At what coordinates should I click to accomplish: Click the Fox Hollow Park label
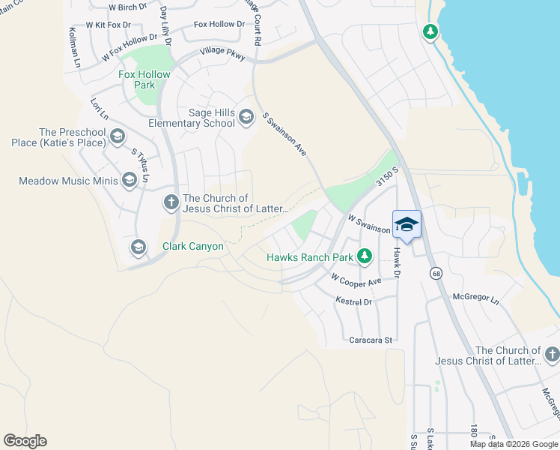pyautogui.click(x=144, y=80)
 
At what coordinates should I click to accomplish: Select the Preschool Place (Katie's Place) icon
pyautogui.click(x=117, y=136)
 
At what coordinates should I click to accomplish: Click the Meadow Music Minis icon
pyautogui.click(x=130, y=180)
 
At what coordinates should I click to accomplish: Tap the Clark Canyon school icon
pyautogui.click(x=138, y=246)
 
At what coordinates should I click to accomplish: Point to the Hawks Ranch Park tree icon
pyautogui.click(x=364, y=257)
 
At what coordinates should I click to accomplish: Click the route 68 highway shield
pyautogui.click(x=436, y=274)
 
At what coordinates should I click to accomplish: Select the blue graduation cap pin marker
pyautogui.click(x=407, y=224)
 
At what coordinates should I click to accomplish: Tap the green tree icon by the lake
pyautogui.click(x=430, y=32)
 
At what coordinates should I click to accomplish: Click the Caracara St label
pyautogui.click(x=371, y=340)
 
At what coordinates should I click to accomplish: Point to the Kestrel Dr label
pyautogui.click(x=354, y=302)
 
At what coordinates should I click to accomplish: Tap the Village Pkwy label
pyautogui.click(x=222, y=54)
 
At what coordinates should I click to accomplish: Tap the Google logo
pyautogui.click(x=25, y=441)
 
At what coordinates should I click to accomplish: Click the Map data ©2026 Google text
pyautogui.click(x=512, y=444)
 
